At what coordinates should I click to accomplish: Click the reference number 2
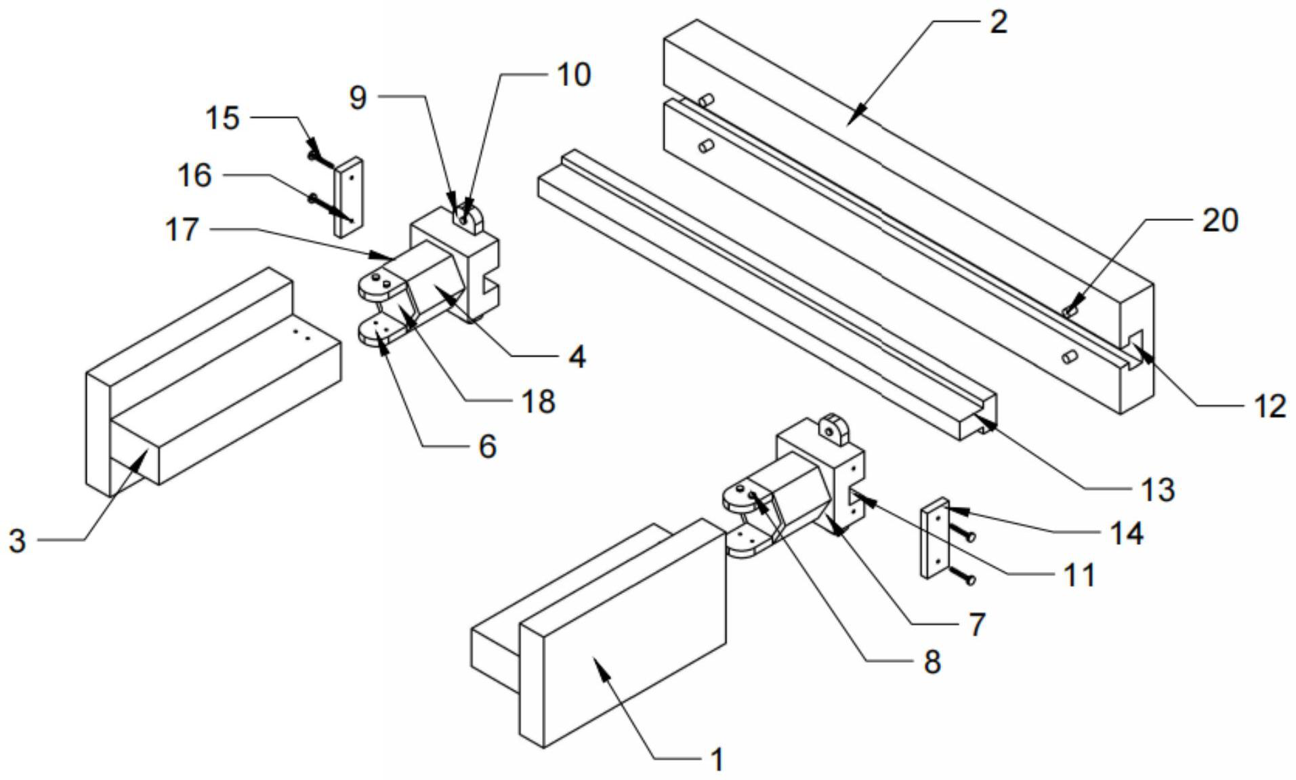[x=998, y=22]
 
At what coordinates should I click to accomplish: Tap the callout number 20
[x=1220, y=221]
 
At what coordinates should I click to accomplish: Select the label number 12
[x=1269, y=407]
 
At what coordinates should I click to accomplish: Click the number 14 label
[x=1126, y=533]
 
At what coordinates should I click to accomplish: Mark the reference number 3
[x=17, y=541]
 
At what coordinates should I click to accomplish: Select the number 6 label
[x=487, y=447]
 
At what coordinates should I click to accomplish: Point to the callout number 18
[x=539, y=402]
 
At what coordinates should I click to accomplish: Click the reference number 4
[x=577, y=356]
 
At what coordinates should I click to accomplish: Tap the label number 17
[x=182, y=230]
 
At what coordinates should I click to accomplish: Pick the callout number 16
[x=194, y=176]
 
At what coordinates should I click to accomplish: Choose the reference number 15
[x=223, y=118]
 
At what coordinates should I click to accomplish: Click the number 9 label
[x=358, y=98]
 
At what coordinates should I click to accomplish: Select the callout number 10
[x=574, y=75]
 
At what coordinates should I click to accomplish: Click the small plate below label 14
[x=935, y=538]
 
